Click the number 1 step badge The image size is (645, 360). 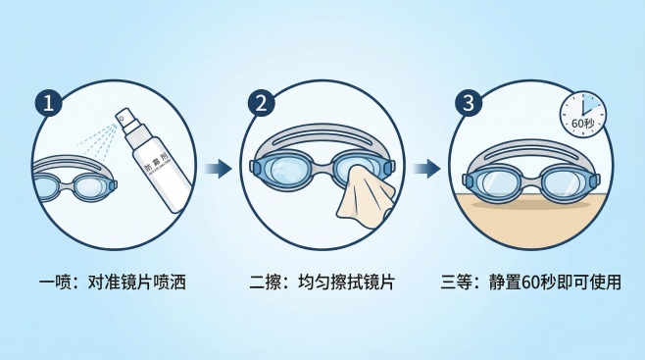coord(47,101)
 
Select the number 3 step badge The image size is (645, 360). coord(468,101)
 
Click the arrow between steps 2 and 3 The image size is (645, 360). coord(426,169)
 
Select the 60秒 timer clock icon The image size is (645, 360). coord(582,115)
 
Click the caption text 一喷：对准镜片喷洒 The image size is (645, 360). coord(112,283)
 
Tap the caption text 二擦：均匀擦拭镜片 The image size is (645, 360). coord(322,283)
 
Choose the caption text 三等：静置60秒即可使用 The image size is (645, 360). coord(532,283)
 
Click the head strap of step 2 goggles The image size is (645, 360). coord(323,136)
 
